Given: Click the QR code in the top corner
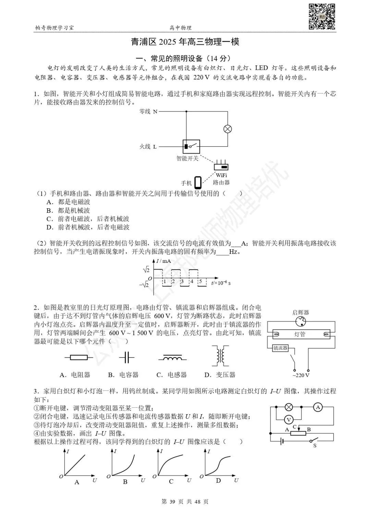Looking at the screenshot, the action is [x=322, y=16].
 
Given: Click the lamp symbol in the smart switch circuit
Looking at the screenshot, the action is [x=227, y=129].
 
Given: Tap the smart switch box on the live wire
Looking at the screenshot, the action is [x=191, y=146].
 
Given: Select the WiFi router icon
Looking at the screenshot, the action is [x=221, y=166].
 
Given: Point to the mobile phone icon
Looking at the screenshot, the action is [x=198, y=182].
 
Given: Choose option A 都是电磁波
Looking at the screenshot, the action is [x=69, y=202].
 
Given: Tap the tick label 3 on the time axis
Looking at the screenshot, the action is [x=182, y=282].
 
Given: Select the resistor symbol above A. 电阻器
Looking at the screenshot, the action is [x=78, y=357].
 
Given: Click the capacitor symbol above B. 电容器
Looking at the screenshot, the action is [x=126, y=357].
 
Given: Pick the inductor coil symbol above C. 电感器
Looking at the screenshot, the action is [x=172, y=358].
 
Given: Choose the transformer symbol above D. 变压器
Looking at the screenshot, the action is [x=220, y=356].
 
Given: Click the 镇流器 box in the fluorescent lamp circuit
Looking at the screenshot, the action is [x=280, y=348].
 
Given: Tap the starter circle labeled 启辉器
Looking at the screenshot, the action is [x=301, y=321].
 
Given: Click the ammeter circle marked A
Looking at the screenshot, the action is [x=318, y=407].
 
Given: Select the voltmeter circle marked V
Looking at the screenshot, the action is [x=289, y=420].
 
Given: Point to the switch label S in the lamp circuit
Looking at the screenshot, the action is [x=315, y=446].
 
